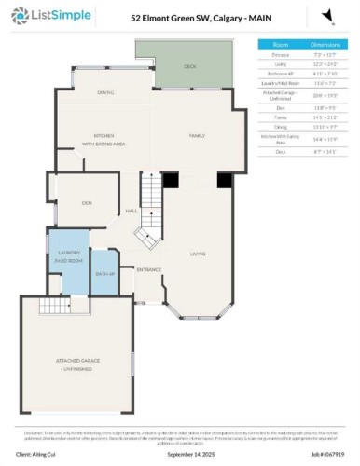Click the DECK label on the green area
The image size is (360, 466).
pos(189,67)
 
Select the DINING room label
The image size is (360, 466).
pos(106,92)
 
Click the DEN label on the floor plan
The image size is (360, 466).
pos(86,202)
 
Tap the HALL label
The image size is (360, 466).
pos(132,211)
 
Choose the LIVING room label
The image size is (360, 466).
pos(198,254)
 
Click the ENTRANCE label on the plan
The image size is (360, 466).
pos(148,269)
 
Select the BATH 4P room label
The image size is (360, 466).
pos(105,274)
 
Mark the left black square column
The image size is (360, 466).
pos(170,182)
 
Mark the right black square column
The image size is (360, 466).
pos(224,182)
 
